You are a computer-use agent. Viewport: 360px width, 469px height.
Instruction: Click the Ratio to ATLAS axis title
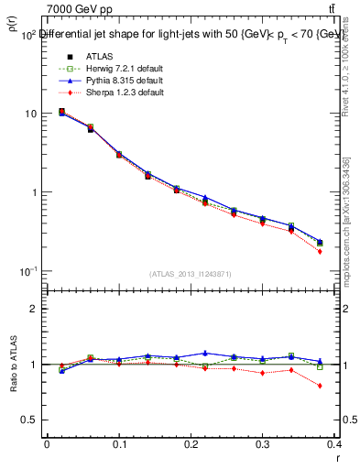point(12,365)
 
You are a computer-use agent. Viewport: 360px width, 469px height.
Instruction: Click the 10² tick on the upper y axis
point(27,35)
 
